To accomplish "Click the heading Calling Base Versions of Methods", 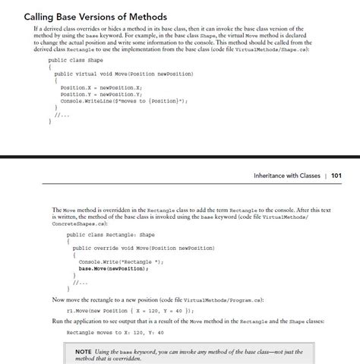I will click(x=96, y=16).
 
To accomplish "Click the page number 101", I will click(x=336, y=176).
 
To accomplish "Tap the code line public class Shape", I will click(x=75, y=59).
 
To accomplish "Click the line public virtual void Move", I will click(x=124, y=74).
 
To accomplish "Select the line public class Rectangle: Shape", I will click(x=110, y=235).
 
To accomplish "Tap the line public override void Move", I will click(x=144, y=248).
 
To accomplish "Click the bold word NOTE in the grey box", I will click(x=85, y=350).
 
